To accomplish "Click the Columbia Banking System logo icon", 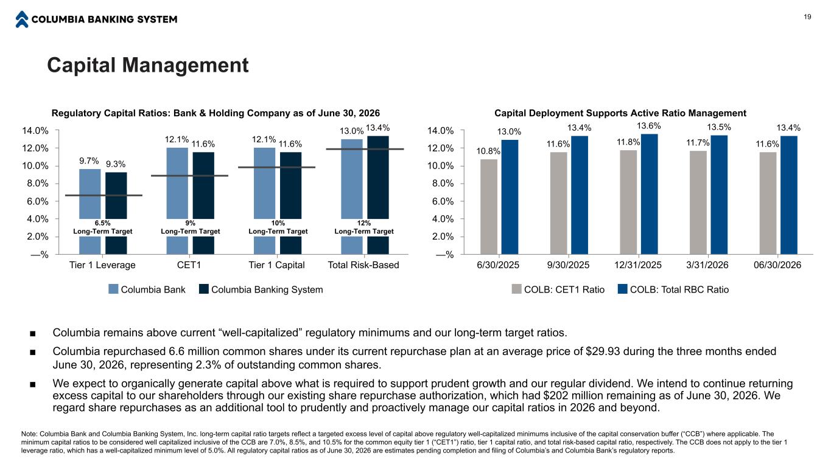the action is (22, 19).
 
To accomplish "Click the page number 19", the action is (807, 17).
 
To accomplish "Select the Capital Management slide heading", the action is (148, 65).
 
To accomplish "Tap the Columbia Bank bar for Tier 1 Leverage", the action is (89, 212).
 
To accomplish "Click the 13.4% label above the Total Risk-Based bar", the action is (377, 128).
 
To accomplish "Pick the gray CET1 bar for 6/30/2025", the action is (489, 207).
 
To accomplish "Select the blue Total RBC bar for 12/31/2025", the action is (649, 194).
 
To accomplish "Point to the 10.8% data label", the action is (489, 151).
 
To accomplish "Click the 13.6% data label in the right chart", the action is (649, 126).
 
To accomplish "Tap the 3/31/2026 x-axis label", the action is (707, 265).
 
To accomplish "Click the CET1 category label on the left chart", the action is (189, 265).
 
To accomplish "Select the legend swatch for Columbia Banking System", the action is (204, 289).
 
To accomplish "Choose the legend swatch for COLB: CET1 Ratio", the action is (516, 289).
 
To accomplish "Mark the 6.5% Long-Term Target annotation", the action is (102, 227).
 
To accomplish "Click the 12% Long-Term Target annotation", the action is (364, 227).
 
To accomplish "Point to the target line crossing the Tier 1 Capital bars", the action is (277, 168).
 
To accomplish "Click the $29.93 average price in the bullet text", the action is (603, 351).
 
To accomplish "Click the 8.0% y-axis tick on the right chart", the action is (443, 184).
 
